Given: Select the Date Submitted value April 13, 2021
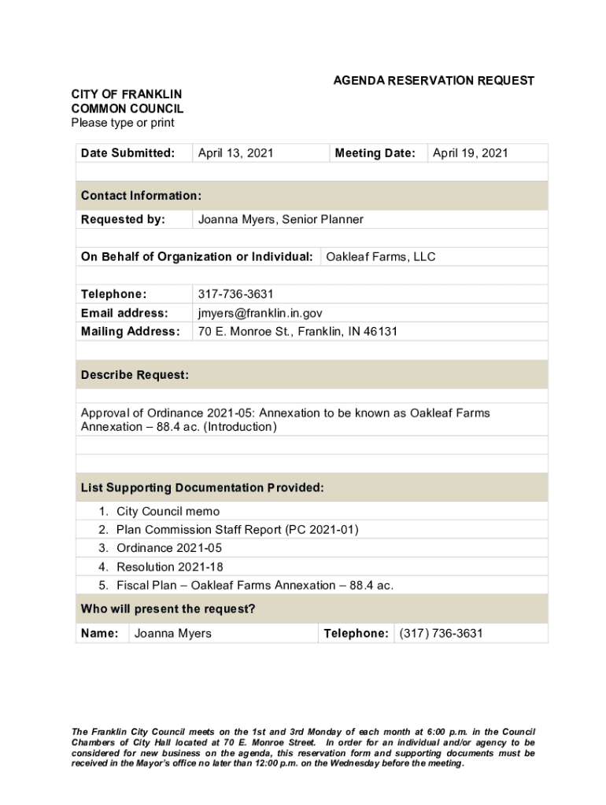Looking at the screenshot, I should click(235, 153).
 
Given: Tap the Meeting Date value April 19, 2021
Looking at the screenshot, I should click(470, 153).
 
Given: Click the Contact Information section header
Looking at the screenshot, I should click(141, 196).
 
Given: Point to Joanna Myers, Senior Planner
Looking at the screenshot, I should click(280, 219).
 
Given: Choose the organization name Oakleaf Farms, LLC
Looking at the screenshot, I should click(380, 257).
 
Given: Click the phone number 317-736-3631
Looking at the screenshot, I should click(235, 294).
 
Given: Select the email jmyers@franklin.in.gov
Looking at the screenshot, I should click(260, 313).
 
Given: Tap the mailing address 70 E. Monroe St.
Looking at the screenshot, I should click(297, 332).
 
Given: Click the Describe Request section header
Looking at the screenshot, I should click(135, 376).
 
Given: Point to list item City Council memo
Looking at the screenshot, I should click(168, 512).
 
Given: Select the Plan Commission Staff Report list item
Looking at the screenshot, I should click(237, 530).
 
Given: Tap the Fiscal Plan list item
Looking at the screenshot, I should click(254, 586).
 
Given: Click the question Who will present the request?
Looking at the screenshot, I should click(168, 609).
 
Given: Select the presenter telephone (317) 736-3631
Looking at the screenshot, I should click(441, 634).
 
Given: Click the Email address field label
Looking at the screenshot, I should click(124, 313).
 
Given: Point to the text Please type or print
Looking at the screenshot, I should click(122, 123).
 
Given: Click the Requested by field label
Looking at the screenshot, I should click(123, 219).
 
